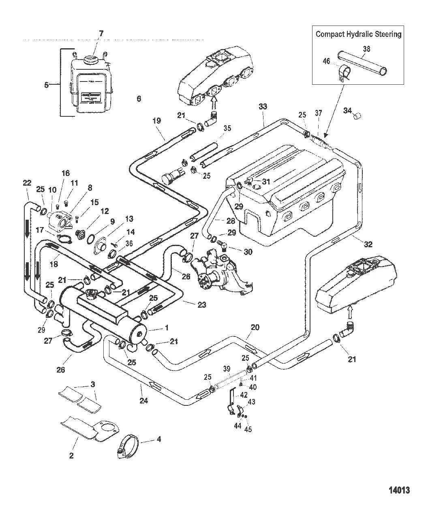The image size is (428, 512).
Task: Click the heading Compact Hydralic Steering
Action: [x=358, y=34]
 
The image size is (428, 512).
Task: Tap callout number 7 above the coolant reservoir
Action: [x=101, y=34]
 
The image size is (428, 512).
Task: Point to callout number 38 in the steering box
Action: [x=366, y=49]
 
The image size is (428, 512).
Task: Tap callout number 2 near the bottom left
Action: [x=71, y=456]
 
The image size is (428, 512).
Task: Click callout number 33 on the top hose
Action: [x=263, y=107]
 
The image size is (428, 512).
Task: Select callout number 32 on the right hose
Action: [x=368, y=244]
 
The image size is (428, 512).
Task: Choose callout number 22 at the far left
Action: [x=27, y=183]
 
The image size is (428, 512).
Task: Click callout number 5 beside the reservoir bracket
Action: [x=47, y=85]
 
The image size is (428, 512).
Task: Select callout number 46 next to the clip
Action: [x=326, y=62]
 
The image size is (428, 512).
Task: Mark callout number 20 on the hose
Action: [x=255, y=327]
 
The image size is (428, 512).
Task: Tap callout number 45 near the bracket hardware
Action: [x=248, y=429]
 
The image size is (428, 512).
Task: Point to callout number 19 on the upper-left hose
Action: [x=157, y=121]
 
